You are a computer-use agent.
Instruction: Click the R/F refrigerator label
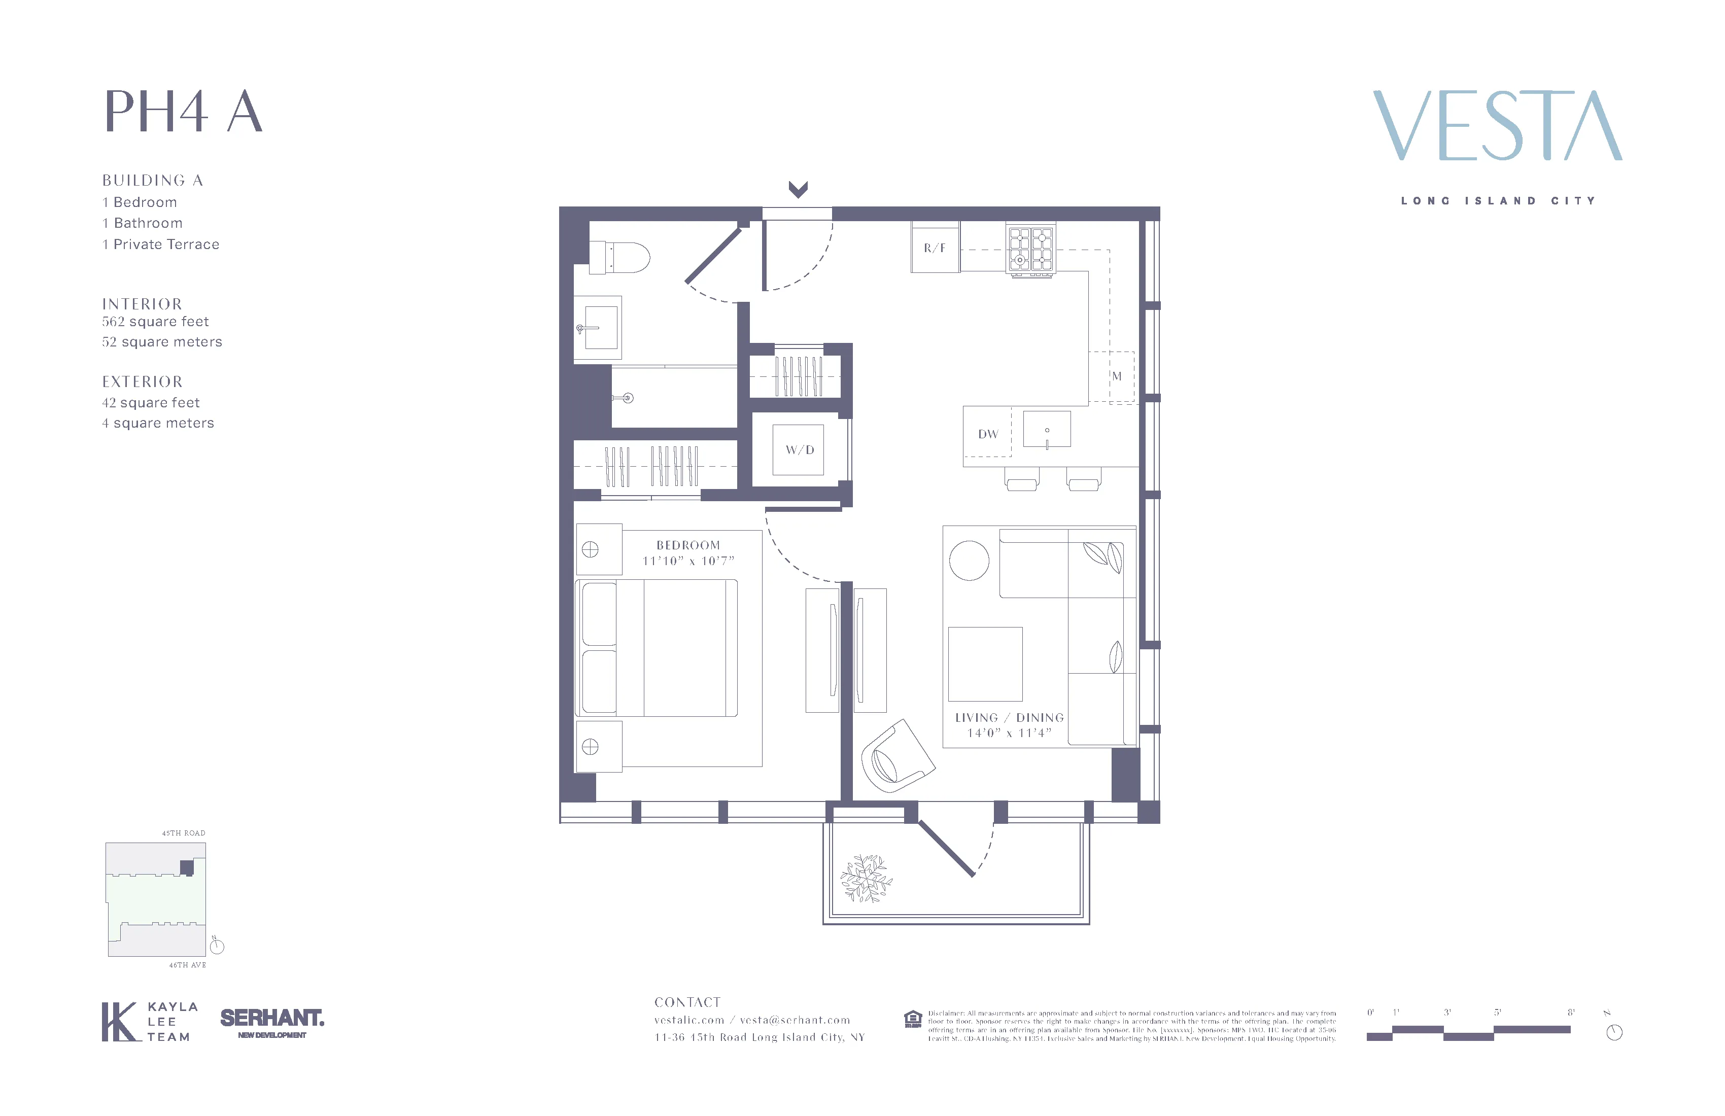(934, 248)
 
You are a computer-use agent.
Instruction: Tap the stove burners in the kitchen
(1030, 249)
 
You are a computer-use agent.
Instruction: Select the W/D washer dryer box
(799, 450)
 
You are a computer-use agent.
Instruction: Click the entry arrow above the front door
(798, 189)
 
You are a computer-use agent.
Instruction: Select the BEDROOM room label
(688, 545)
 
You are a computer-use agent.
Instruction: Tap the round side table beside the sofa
(969, 561)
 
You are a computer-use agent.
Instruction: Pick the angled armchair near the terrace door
(896, 757)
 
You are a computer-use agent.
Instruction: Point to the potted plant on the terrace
(866, 878)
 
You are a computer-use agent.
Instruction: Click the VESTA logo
(1497, 126)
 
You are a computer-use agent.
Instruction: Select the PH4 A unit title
(183, 112)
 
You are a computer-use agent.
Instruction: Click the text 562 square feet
(155, 322)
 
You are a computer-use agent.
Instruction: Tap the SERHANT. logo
(272, 1018)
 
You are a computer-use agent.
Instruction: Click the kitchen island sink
(1047, 430)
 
